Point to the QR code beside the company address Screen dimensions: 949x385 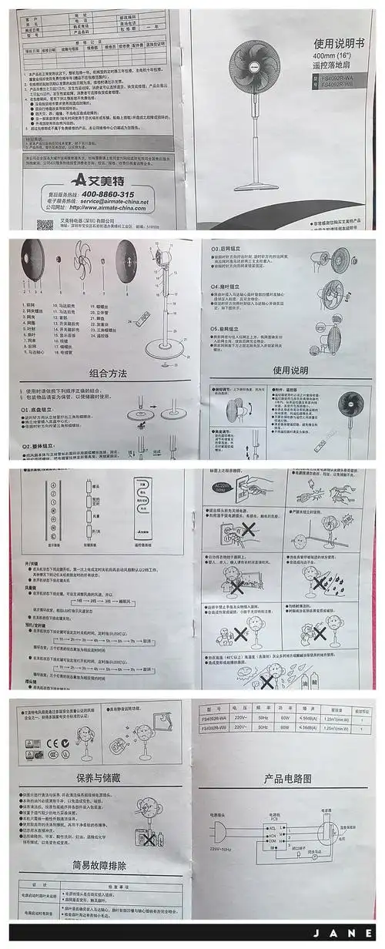[x=45, y=223]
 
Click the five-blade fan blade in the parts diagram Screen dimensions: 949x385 [x=85, y=272]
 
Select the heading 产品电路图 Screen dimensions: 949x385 [x=287, y=778]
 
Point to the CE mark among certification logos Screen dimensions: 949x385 [x=48, y=743]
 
